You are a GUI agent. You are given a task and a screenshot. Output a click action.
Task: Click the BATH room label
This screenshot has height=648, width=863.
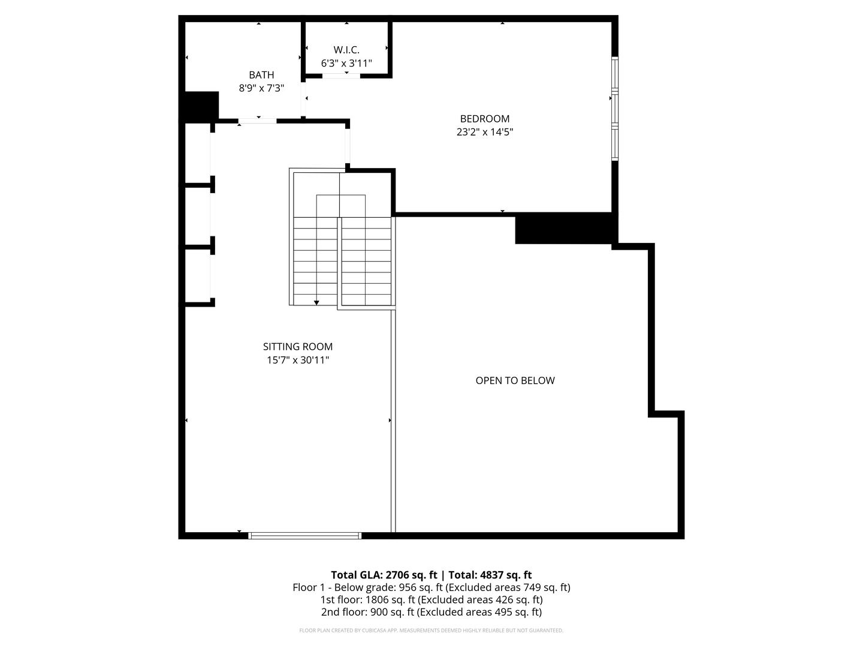tap(261, 75)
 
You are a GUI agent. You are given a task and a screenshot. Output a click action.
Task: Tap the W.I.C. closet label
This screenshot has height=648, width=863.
tap(346, 50)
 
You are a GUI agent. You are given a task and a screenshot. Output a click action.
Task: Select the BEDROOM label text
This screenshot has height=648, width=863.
tap(485, 119)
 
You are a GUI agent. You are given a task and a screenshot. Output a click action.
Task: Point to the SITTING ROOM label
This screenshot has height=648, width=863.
tap(298, 347)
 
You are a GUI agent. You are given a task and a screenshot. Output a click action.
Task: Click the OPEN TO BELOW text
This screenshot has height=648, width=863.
tap(515, 380)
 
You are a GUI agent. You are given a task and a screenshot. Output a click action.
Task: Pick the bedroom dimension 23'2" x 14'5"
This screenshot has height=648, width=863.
tap(485, 132)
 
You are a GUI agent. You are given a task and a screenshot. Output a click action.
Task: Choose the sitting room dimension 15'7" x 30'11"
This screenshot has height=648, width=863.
tap(298, 360)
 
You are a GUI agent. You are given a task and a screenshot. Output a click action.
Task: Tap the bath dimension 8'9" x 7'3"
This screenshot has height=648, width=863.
tap(261, 88)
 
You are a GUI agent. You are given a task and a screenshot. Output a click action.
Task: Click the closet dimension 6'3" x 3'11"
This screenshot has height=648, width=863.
tap(346, 63)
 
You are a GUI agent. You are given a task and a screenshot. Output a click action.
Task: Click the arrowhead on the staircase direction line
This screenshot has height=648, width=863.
tap(316, 302)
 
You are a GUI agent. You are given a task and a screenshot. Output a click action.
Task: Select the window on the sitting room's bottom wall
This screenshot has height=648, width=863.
tap(304, 535)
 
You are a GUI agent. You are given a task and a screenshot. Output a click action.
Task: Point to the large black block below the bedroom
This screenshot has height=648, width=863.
tap(563, 228)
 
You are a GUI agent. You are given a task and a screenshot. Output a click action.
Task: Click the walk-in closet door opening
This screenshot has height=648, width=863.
tap(341, 76)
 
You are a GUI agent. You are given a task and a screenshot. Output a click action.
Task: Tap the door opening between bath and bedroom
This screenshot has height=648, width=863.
tap(303, 99)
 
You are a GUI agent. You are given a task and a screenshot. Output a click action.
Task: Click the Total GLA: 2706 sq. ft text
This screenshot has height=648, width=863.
tap(384, 575)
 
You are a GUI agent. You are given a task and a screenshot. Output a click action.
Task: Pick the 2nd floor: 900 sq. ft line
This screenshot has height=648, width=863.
tap(431, 612)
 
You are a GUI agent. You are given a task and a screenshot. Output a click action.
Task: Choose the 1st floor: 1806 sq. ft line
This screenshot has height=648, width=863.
tap(431, 599)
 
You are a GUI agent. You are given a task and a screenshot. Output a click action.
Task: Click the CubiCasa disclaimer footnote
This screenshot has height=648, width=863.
tap(431, 630)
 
